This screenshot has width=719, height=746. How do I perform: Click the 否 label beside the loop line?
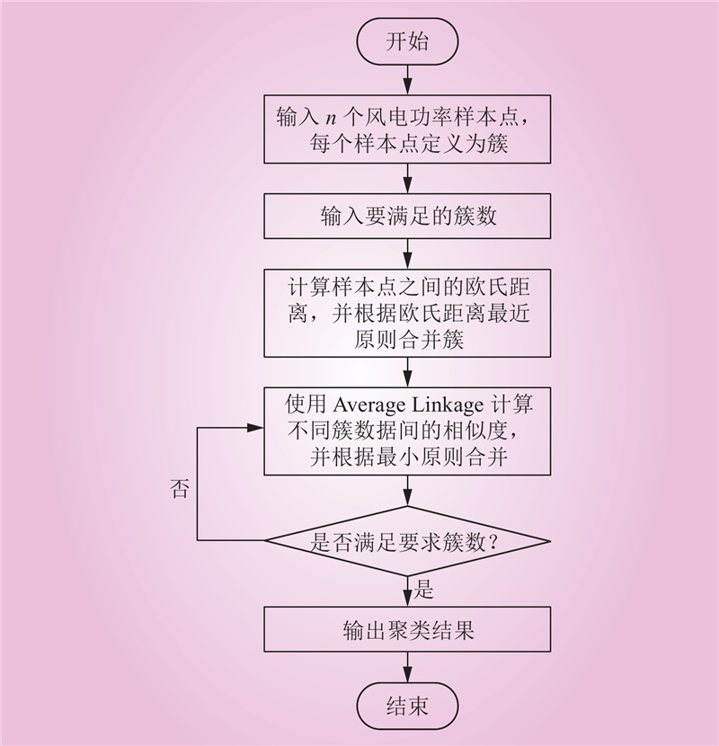[x=180, y=488]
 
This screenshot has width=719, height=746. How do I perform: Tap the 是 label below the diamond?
[x=423, y=589]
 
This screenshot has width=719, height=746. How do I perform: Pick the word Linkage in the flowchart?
[x=448, y=404]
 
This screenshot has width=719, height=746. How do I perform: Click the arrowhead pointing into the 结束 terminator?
[x=407, y=676]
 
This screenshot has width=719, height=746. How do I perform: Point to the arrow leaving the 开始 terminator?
[x=407, y=79]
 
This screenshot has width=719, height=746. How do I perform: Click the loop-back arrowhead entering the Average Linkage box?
[x=256, y=428]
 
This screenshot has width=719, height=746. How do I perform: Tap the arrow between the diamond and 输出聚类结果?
[x=407, y=591]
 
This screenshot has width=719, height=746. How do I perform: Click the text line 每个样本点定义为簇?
[x=408, y=143]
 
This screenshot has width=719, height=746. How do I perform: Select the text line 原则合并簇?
[x=408, y=340]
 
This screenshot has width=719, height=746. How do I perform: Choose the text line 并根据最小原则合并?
[x=408, y=457]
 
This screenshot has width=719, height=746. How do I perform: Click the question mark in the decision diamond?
[x=493, y=542]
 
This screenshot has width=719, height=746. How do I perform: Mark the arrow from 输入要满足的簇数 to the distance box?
[x=407, y=254]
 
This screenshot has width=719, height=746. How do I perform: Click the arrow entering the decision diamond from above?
[x=407, y=491]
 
